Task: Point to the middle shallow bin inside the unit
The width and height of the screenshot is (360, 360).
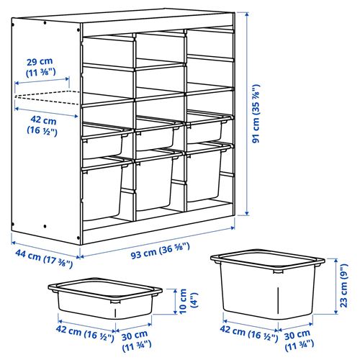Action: click(x=156, y=135)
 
